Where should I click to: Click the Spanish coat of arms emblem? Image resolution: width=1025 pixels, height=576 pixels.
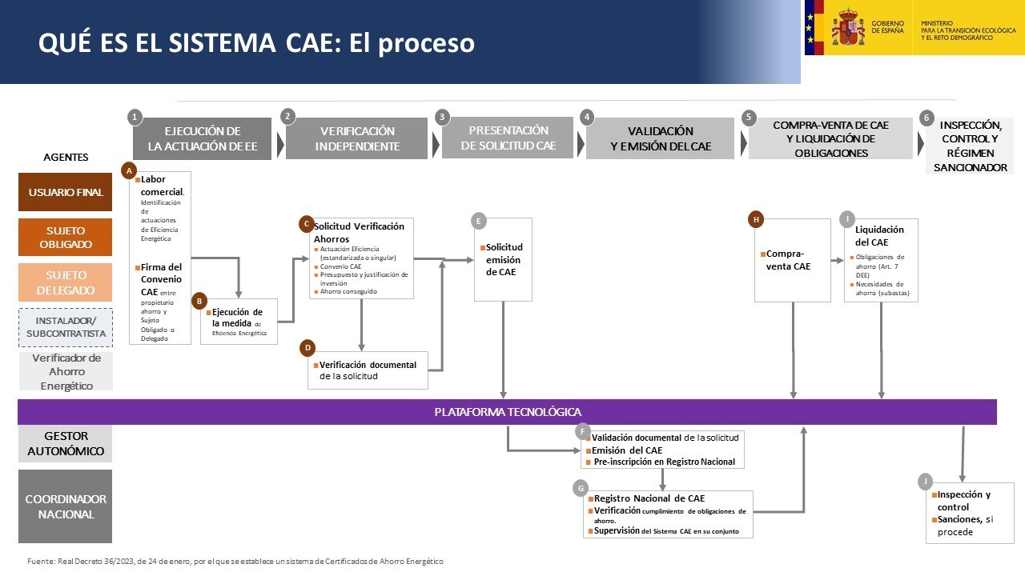click(847, 28)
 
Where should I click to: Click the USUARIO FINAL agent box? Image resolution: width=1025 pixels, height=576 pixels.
click(66, 192)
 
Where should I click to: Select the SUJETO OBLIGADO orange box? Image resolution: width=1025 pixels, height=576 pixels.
click(66, 238)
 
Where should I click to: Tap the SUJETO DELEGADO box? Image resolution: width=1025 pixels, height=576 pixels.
click(66, 283)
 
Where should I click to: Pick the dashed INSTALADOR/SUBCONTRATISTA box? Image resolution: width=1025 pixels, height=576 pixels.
click(66, 327)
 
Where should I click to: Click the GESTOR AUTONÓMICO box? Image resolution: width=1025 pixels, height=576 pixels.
click(66, 443)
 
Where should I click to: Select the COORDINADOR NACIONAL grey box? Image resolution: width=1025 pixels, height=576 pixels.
click(66, 506)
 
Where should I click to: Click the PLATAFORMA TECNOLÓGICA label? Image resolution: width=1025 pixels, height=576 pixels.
click(508, 412)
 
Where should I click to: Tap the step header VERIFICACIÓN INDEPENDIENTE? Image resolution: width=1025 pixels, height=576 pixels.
click(357, 139)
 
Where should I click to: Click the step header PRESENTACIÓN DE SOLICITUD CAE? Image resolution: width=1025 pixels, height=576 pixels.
click(508, 138)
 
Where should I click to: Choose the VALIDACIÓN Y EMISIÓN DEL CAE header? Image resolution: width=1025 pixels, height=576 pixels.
click(661, 139)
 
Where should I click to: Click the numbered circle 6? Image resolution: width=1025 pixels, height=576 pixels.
click(927, 118)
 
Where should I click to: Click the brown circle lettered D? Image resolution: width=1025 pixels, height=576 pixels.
click(307, 348)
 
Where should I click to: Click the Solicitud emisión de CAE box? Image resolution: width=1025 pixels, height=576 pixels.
click(504, 260)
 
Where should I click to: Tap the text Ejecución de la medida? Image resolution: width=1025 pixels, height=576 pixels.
click(237, 317)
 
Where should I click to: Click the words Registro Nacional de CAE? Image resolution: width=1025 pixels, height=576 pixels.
click(649, 498)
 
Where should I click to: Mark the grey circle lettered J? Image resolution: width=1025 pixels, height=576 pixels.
click(926, 482)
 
